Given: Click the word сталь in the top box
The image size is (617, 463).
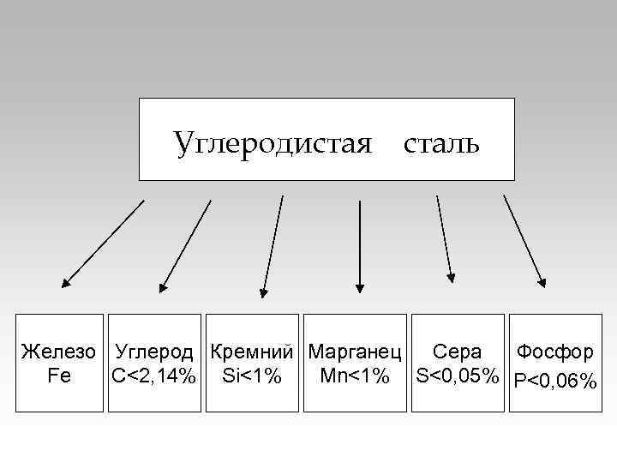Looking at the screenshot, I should [441, 142].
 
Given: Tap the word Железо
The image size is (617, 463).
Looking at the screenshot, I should [59, 352].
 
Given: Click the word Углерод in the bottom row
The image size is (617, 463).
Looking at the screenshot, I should [155, 352].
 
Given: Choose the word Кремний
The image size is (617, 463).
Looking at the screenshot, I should [252, 352].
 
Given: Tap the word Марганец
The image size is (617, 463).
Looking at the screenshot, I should [355, 352].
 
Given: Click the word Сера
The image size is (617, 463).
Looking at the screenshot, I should [457, 352].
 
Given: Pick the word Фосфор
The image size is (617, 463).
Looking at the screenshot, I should [554, 352].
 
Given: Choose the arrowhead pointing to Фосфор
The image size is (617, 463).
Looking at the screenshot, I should [541, 279].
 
